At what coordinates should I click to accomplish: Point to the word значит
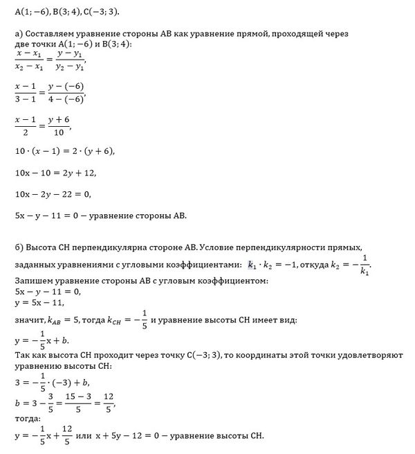pyautogui.click(x=28, y=321)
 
